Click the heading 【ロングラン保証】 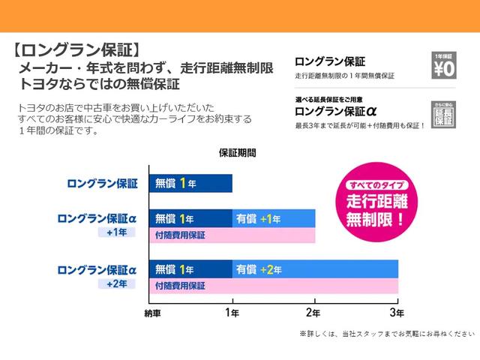click(76, 51)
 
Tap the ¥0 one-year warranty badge click(443, 67)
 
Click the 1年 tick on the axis click(232, 311)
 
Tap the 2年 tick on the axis click(315, 311)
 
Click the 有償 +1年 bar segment click(274, 219)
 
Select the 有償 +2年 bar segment click(315, 268)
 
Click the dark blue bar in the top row click(190, 183)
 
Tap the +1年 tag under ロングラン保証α click(117, 232)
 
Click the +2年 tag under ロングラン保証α click(117, 283)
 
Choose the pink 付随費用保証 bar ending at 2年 click(232, 235)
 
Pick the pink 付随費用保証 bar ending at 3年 click(274, 286)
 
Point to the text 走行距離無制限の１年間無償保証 click(344, 76)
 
